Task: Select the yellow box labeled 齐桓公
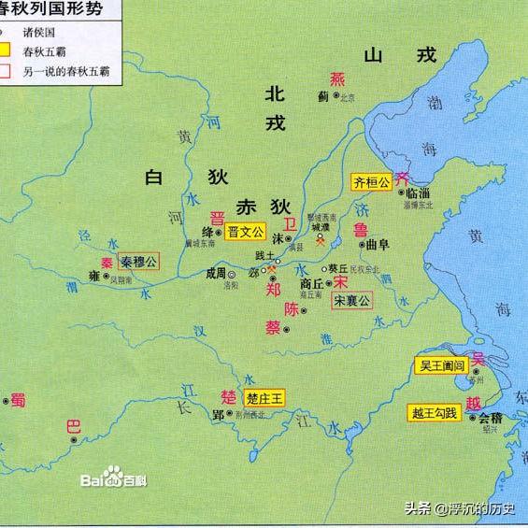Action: click(x=371, y=181)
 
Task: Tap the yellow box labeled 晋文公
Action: click(x=246, y=233)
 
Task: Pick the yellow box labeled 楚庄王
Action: click(x=264, y=397)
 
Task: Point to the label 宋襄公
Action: click(x=351, y=300)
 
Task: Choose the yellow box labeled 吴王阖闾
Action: click(x=439, y=366)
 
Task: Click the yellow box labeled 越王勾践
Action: click(x=435, y=412)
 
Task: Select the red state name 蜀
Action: click(x=18, y=400)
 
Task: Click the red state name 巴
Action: click(x=74, y=428)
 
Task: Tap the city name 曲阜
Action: click(x=377, y=245)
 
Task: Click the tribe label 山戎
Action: click(x=401, y=55)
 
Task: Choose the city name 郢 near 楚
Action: click(x=219, y=414)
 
